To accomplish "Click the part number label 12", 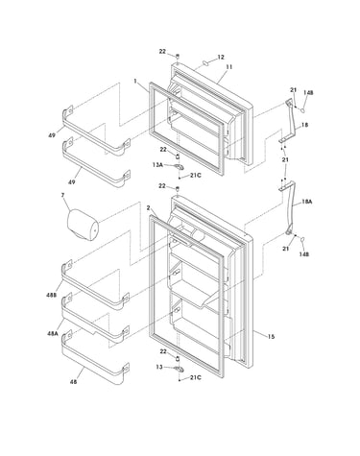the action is click(x=221, y=58).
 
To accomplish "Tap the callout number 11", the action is click(x=229, y=67).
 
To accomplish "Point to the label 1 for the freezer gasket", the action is click(x=135, y=82).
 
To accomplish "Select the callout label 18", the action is click(x=304, y=125).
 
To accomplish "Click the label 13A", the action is click(x=157, y=165).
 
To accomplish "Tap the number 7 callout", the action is click(x=62, y=195).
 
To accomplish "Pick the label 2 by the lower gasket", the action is click(x=148, y=208).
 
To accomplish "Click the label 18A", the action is click(x=306, y=202).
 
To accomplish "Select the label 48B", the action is click(x=51, y=295).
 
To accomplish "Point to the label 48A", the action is click(x=52, y=333).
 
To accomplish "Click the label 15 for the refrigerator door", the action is click(x=271, y=337).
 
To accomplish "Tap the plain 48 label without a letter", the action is click(x=73, y=381).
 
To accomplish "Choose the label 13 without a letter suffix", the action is click(x=159, y=367).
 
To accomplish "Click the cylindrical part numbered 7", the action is click(x=83, y=225).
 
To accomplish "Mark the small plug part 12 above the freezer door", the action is click(x=204, y=62).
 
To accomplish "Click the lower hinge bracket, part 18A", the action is click(x=290, y=208).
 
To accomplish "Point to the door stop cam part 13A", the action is click(x=179, y=166).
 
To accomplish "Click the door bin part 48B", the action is click(x=95, y=286).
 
